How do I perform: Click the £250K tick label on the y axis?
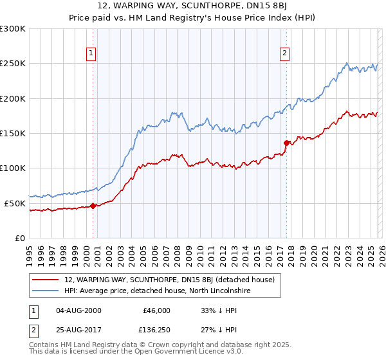(13, 64)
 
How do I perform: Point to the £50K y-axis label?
(15, 203)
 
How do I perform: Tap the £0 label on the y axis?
(20, 238)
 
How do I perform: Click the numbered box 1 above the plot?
(92, 53)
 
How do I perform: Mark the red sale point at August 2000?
(93, 206)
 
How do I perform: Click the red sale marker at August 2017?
(287, 143)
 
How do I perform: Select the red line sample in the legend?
(46, 280)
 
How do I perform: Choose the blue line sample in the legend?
(46, 291)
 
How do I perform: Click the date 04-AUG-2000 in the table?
(79, 310)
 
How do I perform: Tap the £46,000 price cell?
(156, 310)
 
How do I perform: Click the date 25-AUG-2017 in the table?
(79, 330)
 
